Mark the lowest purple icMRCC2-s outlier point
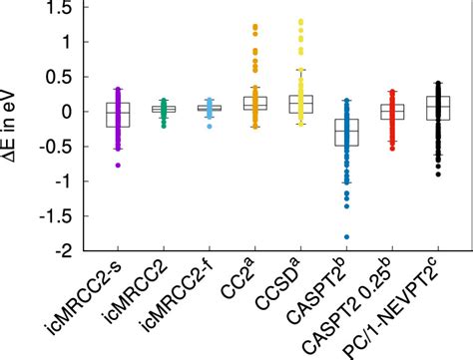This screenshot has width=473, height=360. (x=119, y=165)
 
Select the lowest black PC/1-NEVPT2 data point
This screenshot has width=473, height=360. (x=437, y=174)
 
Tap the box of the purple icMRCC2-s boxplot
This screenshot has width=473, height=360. (x=119, y=114)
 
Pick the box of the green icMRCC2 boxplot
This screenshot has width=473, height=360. (x=165, y=109)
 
